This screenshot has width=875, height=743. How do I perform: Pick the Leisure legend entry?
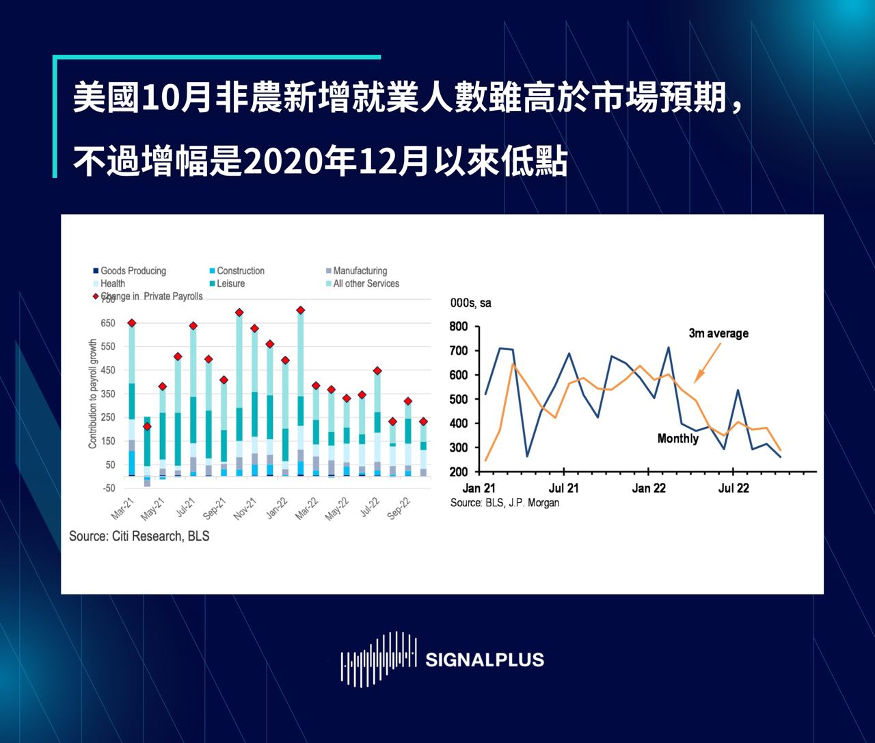pyautogui.click(x=230, y=283)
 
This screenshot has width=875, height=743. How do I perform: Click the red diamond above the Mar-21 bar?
pyautogui.click(x=132, y=323)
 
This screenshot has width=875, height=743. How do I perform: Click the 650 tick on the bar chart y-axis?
pyautogui.click(x=108, y=323)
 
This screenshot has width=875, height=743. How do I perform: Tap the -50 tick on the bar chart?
pyautogui.click(x=109, y=488)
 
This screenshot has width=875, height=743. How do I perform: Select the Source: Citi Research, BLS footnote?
pyautogui.click(x=139, y=536)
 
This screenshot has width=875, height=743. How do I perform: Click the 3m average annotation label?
pyautogui.click(x=718, y=334)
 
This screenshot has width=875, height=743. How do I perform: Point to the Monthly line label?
pyautogui.click(x=677, y=439)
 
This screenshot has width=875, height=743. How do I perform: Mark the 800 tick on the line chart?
pyautogui.click(x=459, y=326)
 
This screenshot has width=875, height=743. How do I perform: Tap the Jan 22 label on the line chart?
pyautogui.click(x=649, y=488)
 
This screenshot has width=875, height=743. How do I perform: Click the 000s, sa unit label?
pyautogui.click(x=470, y=303)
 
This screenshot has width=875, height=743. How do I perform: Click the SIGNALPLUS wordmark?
pyautogui.click(x=484, y=660)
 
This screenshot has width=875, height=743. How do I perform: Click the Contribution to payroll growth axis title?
pyautogui.click(x=93, y=394)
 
